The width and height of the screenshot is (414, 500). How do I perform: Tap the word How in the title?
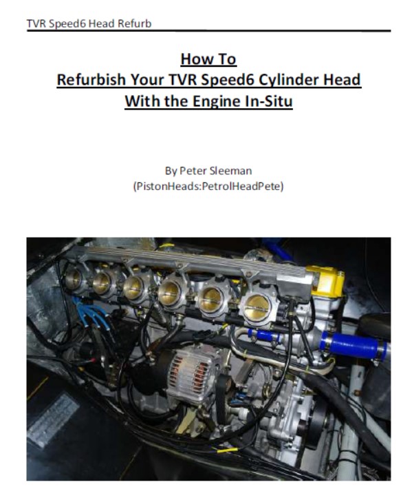(194, 59)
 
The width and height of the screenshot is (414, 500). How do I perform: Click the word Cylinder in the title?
(289, 80)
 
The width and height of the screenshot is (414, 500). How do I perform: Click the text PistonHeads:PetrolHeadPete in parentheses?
(208, 186)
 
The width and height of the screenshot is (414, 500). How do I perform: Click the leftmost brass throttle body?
(74, 279)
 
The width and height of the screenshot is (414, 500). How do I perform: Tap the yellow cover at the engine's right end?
(327, 281)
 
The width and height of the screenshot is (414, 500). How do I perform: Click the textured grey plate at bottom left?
(53, 419)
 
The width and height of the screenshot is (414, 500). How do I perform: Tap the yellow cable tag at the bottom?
(227, 450)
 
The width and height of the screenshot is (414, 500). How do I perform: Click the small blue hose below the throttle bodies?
(263, 335)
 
